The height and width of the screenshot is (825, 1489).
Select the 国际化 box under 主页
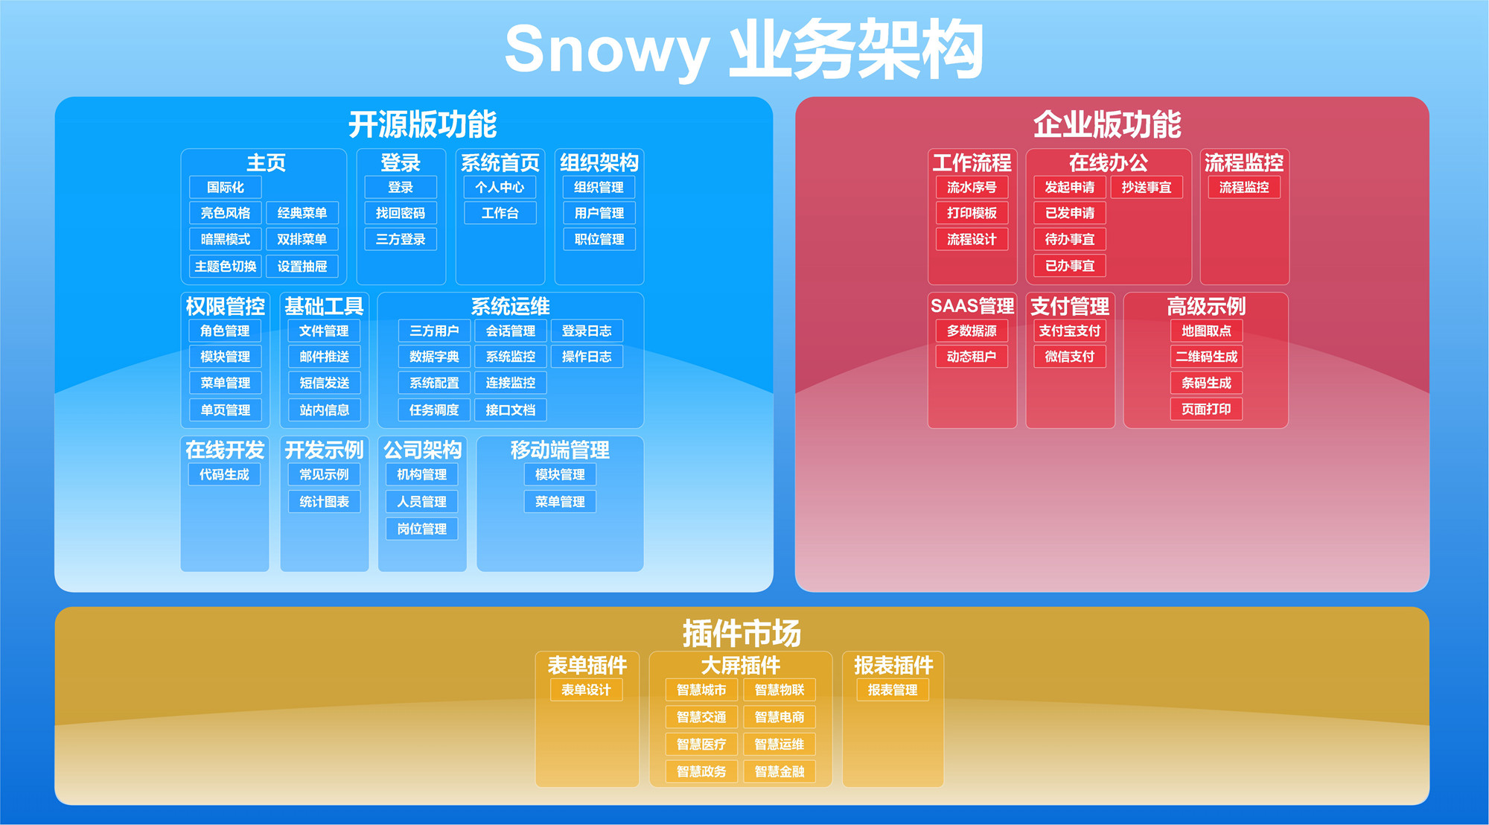226,187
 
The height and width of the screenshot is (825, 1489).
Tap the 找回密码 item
401,213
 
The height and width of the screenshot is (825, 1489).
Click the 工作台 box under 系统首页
500,213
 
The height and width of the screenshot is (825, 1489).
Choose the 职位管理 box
599,239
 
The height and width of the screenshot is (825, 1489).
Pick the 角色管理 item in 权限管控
225,331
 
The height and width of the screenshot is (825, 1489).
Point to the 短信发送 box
324,383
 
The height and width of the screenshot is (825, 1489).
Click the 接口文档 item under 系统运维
511,410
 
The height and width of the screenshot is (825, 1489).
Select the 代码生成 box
224,474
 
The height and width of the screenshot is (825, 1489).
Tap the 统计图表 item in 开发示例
324,502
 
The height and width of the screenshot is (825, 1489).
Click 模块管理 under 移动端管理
560,474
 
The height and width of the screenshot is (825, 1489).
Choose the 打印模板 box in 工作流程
972,213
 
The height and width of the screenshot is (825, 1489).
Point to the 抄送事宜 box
1147,187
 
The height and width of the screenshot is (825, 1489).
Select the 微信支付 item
1070,357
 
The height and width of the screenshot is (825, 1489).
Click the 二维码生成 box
1206,357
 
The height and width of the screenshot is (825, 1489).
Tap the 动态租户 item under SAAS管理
972,357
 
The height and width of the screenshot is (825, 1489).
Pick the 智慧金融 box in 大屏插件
779,771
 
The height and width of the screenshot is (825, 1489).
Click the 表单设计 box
586,690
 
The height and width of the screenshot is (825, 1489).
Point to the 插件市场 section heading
742,634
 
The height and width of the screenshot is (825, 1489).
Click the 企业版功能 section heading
1107,124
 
